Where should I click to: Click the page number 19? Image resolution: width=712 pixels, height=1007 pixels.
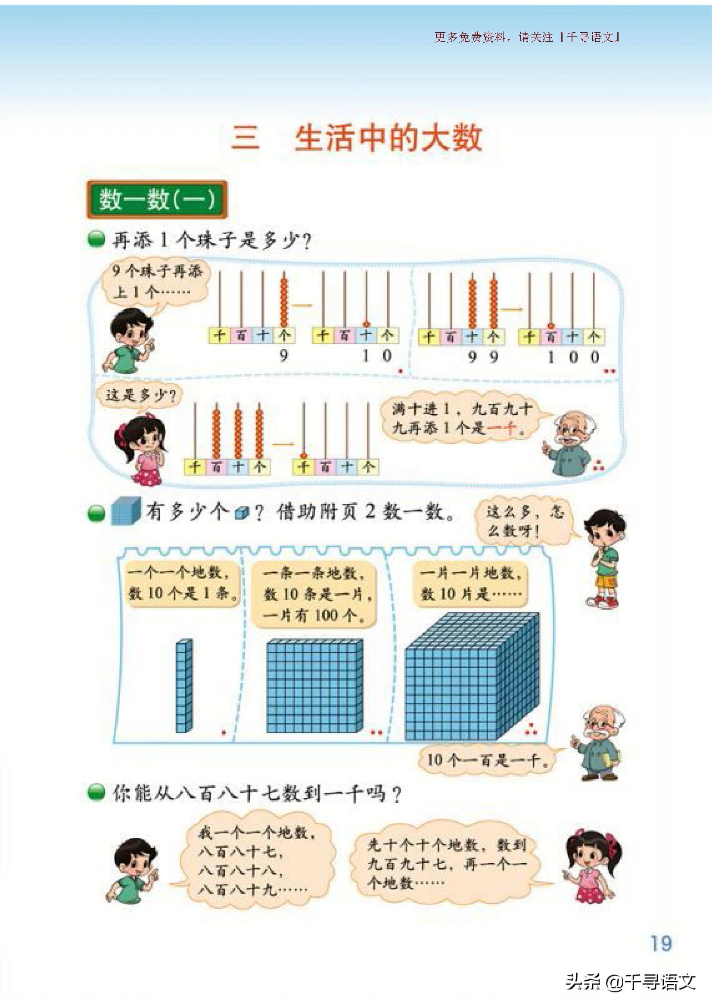pyautogui.click(x=661, y=943)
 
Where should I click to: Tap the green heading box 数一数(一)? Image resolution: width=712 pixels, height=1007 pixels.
pyautogui.click(x=157, y=200)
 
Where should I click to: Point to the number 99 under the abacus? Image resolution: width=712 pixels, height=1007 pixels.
pyautogui.click(x=482, y=357)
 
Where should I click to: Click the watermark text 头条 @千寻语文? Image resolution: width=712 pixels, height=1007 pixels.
pyautogui.click(x=631, y=982)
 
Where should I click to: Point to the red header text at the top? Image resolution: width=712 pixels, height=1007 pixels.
pyautogui.click(x=527, y=37)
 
